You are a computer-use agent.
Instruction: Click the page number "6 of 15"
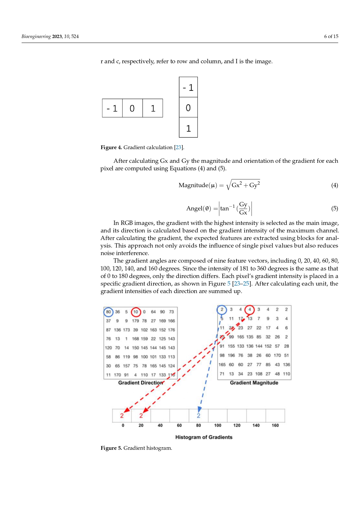point(331,36)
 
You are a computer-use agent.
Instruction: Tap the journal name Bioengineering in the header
point(36,36)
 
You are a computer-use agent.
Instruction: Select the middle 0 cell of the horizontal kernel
point(132,108)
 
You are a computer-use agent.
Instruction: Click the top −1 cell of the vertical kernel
point(188,87)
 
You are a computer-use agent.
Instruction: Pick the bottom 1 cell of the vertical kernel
point(188,128)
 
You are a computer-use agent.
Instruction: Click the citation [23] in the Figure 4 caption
point(178,147)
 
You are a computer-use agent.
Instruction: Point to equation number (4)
point(334,185)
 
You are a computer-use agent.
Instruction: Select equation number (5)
point(334,208)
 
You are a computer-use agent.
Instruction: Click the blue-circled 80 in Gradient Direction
point(108,312)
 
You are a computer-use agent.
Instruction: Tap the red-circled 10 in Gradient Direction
point(135,312)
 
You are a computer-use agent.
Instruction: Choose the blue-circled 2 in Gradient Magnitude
point(222,309)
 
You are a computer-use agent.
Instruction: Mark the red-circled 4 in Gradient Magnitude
point(249,309)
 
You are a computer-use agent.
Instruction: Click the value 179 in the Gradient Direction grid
point(135,321)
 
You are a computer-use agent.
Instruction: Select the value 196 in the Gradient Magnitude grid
point(231,355)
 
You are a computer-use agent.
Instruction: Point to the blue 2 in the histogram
point(198,416)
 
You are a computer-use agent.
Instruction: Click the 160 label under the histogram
point(275,425)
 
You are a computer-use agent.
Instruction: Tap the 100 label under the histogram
point(218,425)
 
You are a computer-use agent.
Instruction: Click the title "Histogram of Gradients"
point(204,437)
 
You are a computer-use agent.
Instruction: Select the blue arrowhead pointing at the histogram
point(199,409)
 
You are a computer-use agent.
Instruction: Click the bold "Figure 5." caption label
point(111,448)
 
